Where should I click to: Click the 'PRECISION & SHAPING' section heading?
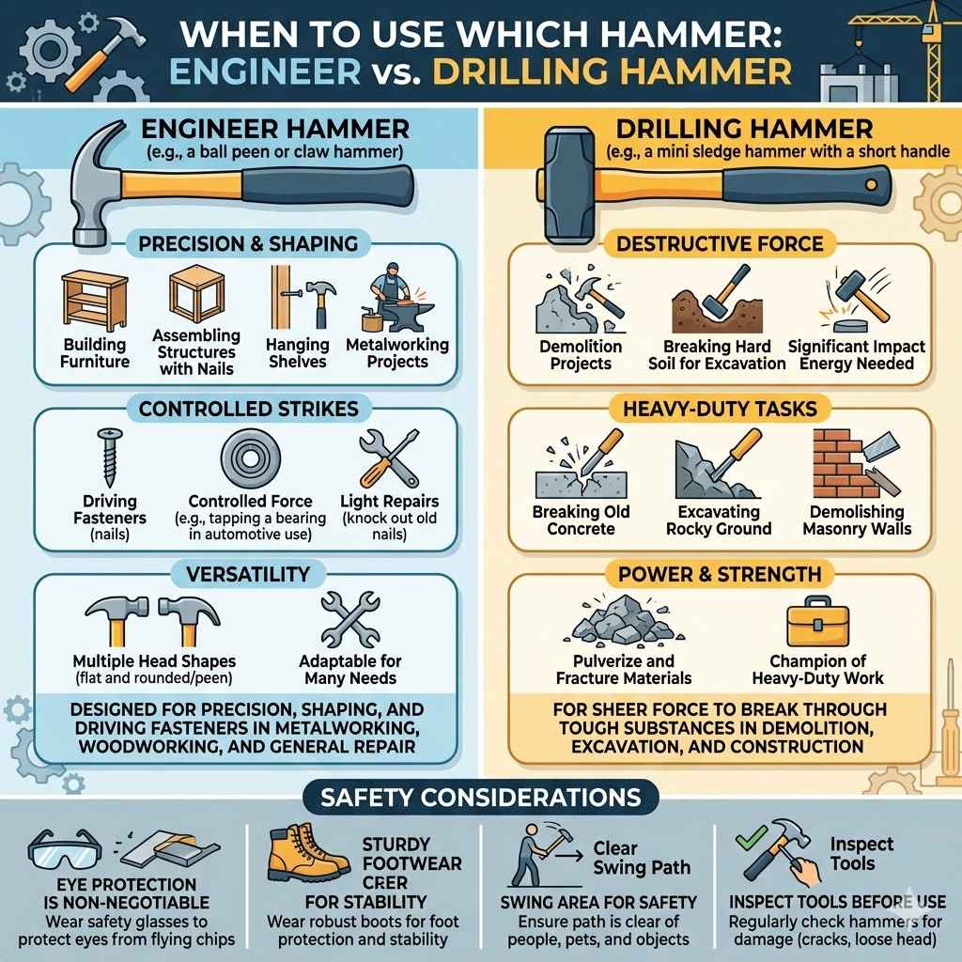click(248, 244)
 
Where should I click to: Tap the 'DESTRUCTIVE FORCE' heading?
click(720, 244)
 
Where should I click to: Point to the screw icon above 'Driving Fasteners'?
click(109, 457)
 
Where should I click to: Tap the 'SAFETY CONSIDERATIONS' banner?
click(480, 798)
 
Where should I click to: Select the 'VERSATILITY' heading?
click(248, 573)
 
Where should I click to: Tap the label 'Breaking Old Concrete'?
click(581, 520)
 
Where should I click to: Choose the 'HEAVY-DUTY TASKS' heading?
click(720, 409)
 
